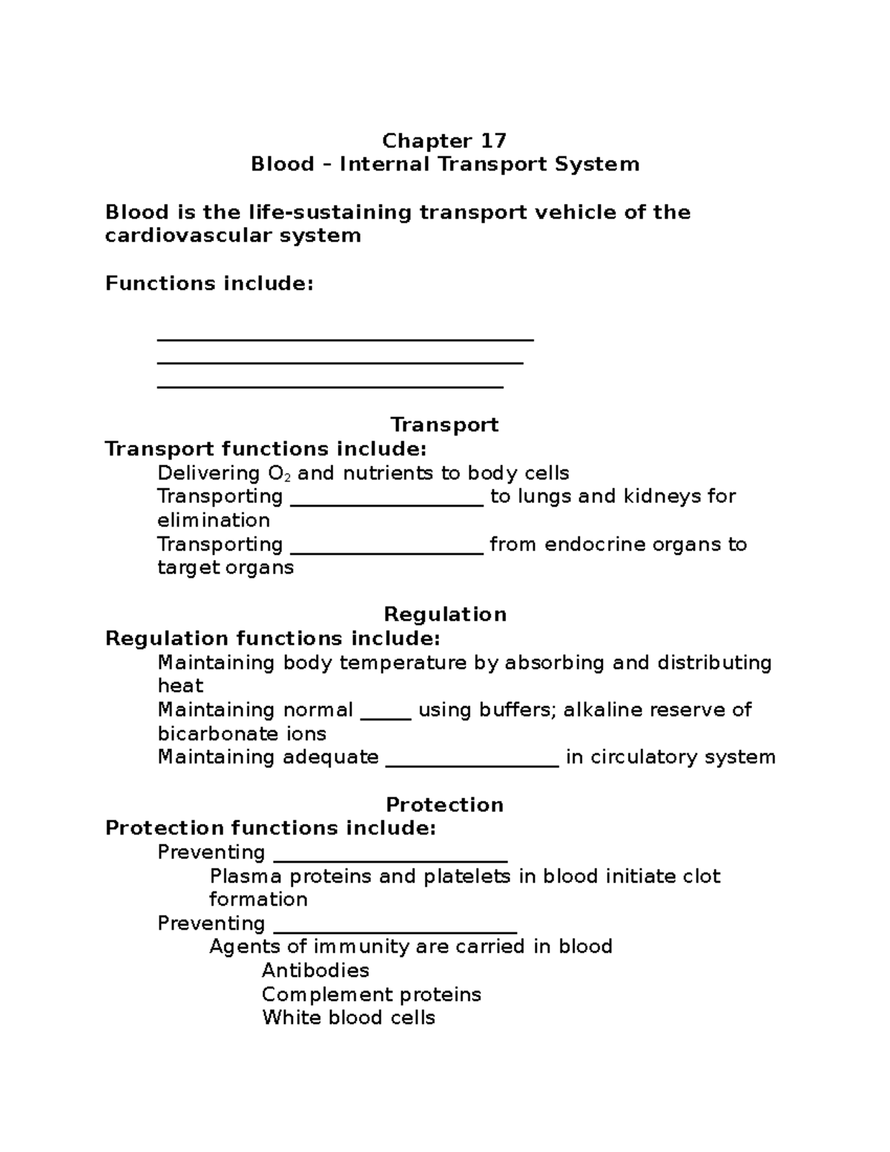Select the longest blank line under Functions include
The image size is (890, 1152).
[x=346, y=339]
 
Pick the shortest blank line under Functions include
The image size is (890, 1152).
[x=330, y=386]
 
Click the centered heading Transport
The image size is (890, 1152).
[x=444, y=425]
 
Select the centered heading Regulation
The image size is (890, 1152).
[x=445, y=614]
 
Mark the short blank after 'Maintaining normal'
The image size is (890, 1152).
[x=386, y=717]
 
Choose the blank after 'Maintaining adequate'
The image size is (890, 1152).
[x=472, y=764]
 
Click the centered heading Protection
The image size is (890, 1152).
[x=444, y=805]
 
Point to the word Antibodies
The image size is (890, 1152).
[x=315, y=971]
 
